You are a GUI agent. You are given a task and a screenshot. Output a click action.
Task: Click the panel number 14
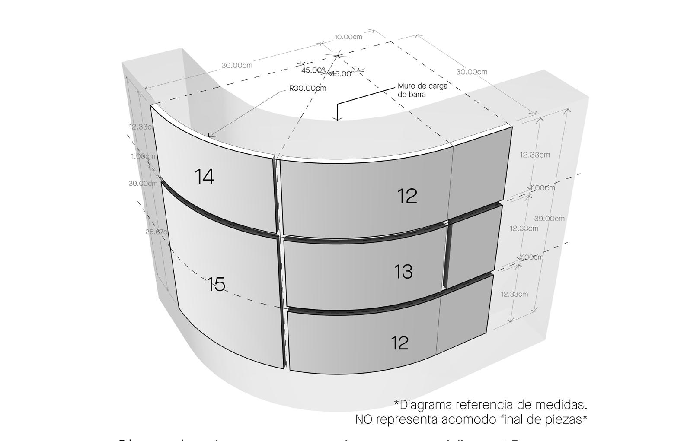pos(205,177)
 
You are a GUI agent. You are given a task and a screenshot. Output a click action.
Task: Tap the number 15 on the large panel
pos(216,285)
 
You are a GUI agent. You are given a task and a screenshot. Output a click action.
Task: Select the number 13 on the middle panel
pos(403,272)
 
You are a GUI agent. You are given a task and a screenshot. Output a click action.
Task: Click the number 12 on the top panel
pos(407,196)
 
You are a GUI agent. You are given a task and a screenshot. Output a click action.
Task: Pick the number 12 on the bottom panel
pos(400,343)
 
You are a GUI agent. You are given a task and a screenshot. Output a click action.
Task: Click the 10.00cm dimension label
pos(348,37)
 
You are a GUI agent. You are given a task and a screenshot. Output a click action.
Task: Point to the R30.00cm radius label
pos(307,89)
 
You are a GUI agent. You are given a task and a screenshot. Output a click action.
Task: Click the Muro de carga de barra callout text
pos(422,90)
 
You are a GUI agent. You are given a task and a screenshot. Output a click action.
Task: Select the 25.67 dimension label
pos(156,232)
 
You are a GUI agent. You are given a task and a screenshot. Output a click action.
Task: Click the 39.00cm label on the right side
pos(549,219)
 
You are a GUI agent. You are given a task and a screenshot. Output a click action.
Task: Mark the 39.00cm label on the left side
pos(143,184)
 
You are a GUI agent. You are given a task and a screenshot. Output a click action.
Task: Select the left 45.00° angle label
pos(313,70)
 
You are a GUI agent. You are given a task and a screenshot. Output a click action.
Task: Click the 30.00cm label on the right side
pos(471,72)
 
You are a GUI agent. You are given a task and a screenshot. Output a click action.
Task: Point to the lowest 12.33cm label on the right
pos(514,294)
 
